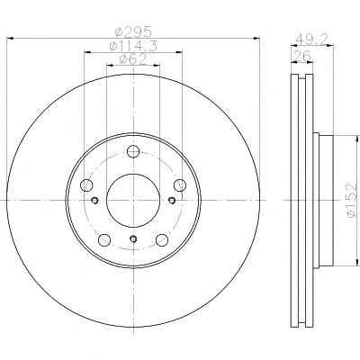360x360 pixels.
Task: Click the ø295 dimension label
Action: (134, 31)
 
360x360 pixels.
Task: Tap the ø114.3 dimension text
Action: (133, 46)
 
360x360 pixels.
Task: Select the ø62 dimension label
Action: (133, 59)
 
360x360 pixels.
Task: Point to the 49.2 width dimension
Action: (312, 39)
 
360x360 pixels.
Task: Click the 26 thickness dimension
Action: (301, 56)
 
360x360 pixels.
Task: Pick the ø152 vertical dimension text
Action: (353, 200)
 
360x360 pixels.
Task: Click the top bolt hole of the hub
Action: (133, 151)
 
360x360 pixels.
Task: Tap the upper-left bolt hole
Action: (86, 184)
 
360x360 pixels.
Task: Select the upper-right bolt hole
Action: (180, 184)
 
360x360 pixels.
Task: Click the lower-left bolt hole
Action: (104, 239)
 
